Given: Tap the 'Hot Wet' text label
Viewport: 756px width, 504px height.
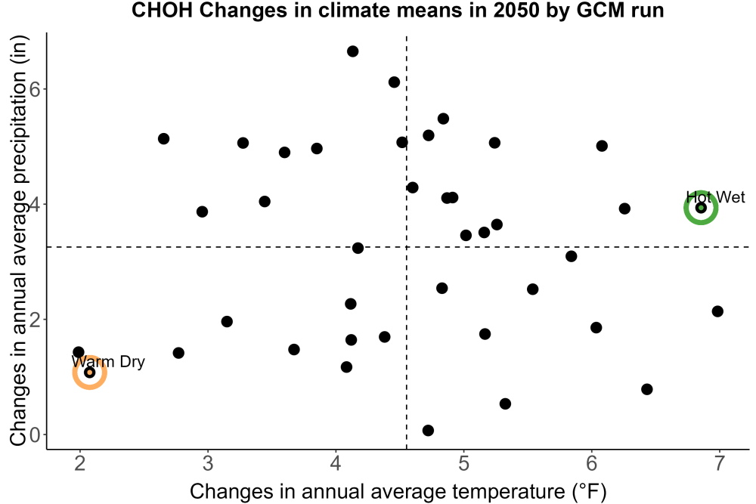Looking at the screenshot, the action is [715, 197].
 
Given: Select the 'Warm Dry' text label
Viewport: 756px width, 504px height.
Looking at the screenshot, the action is [108, 361].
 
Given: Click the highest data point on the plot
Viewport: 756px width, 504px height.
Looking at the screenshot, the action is [352, 51].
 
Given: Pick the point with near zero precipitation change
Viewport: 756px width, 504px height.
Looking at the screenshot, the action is [428, 430].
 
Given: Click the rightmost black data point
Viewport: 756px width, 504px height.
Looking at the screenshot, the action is [717, 311].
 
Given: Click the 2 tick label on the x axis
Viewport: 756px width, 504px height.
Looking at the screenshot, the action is [80, 463].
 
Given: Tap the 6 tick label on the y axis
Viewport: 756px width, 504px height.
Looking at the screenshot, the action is [36, 90].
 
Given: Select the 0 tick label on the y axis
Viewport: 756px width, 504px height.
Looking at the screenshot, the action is [36, 435].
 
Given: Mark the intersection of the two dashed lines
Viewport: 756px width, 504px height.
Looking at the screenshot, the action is [407, 246].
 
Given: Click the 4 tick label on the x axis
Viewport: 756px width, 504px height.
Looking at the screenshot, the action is [336, 463].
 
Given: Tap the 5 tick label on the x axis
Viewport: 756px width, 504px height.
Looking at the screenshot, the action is [464, 463].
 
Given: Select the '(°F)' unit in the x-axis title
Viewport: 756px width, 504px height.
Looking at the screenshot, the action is [589, 492].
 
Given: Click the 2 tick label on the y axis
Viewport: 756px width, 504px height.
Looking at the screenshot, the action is [36, 320].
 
